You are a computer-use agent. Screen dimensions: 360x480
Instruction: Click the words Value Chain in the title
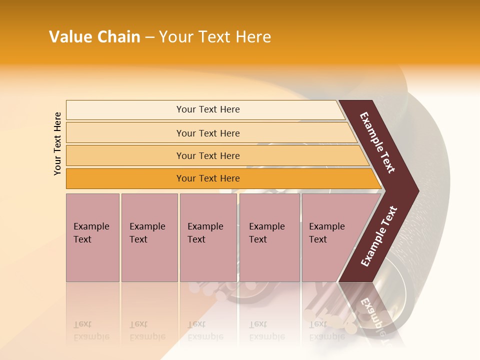(x=94, y=37)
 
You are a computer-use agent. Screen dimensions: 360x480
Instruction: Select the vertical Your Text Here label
(x=57, y=143)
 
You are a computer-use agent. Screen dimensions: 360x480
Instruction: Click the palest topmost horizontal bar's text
(x=208, y=109)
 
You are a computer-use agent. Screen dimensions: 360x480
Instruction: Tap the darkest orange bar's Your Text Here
(x=208, y=178)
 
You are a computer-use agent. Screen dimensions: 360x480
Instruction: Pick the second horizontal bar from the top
(x=208, y=133)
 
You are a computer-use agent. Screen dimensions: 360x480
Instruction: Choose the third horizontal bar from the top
(x=208, y=155)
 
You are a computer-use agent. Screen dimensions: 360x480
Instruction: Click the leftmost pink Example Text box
(x=92, y=237)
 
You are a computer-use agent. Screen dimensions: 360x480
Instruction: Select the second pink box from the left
(x=149, y=237)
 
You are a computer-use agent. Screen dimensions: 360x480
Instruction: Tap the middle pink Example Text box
(x=208, y=237)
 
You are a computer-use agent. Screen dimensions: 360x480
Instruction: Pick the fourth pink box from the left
(x=269, y=237)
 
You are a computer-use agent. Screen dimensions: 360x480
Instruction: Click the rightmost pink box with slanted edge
(x=330, y=237)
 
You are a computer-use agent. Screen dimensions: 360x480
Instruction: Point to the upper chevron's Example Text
(x=377, y=142)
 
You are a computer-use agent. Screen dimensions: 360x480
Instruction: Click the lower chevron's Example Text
(x=379, y=236)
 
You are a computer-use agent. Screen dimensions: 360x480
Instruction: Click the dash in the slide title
(x=149, y=37)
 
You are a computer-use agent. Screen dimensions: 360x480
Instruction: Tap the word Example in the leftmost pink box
(x=91, y=226)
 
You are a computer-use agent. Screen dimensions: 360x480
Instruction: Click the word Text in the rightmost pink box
(x=318, y=239)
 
